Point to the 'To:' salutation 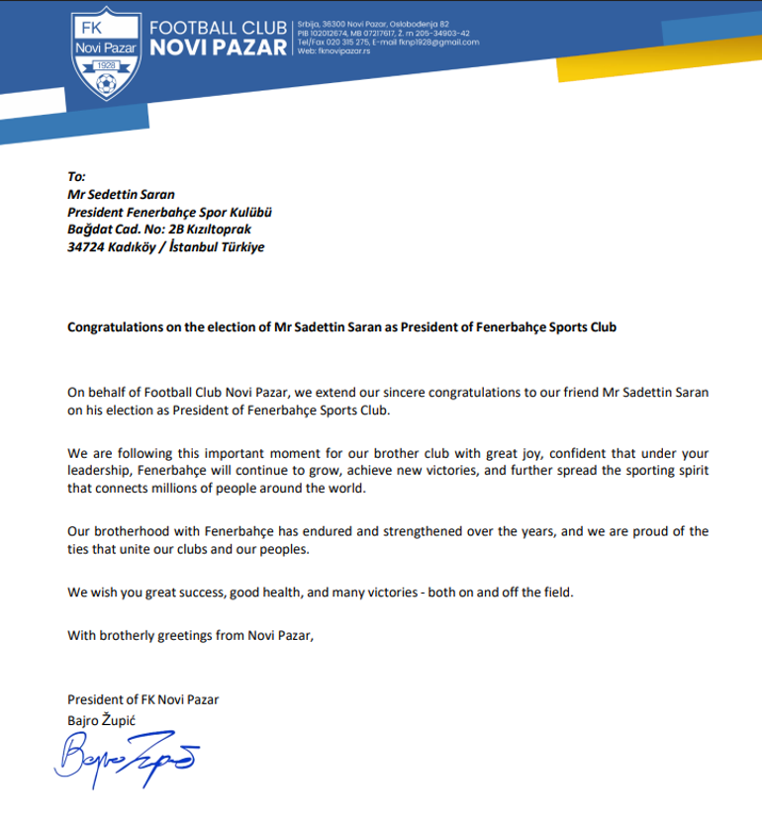(x=76, y=176)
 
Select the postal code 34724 (x=86, y=247)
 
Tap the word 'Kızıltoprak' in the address (x=230, y=229)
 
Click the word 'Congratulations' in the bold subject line (x=117, y=326)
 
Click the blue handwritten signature (x=125, y=760)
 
